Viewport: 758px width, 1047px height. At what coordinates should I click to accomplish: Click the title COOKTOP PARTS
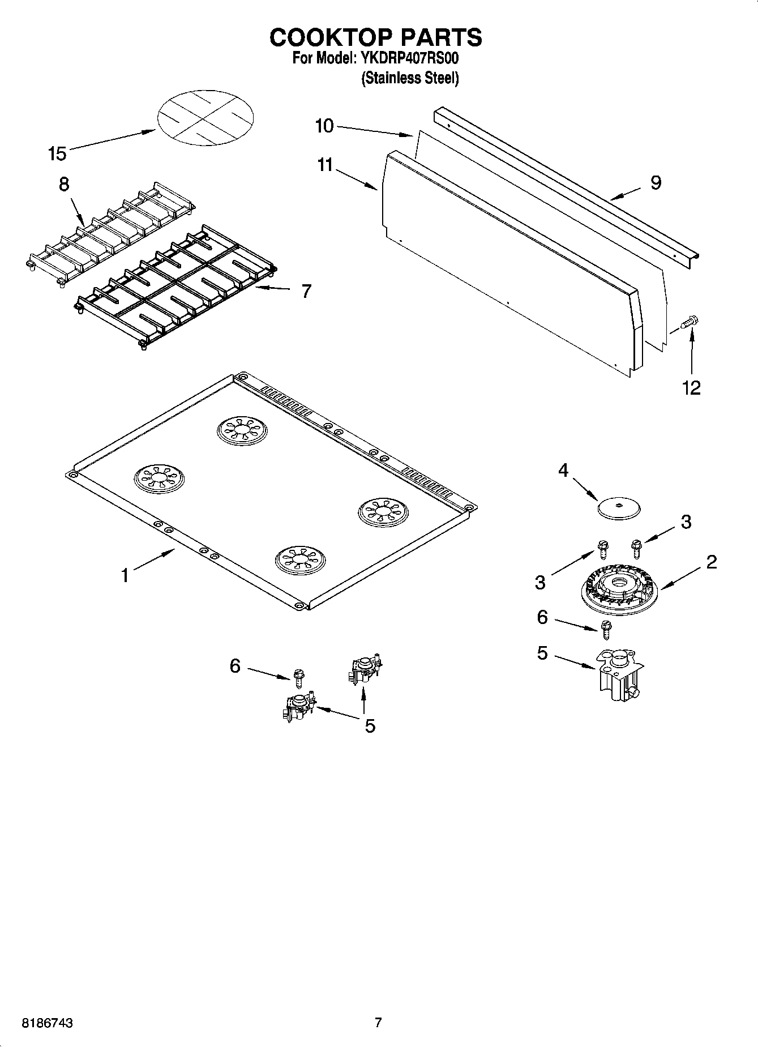coord(376,37)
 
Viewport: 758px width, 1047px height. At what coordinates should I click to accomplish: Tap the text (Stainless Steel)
coord(410,78)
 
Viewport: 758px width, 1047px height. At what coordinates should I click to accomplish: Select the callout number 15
coord(57,153)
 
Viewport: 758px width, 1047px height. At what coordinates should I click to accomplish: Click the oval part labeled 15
coord(205,117)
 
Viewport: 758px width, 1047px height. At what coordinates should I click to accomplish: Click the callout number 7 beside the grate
coord(306,291)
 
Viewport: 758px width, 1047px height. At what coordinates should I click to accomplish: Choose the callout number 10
coord(324,126)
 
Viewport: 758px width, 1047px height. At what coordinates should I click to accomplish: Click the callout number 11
coord(325,165)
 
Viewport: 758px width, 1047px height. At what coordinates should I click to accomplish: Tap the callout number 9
coord(656,182)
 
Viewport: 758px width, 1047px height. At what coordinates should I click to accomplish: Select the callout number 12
coord(692,387)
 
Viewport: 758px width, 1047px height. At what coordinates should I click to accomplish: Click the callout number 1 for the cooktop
coord(125,575)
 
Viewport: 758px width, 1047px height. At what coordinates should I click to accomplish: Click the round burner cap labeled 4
coord(618,507)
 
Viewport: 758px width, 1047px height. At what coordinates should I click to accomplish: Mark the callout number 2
coord(712,562)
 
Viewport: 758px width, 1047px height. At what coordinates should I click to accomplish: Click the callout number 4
coord(563,470)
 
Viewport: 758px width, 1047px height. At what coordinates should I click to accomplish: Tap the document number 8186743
coord(47,1023)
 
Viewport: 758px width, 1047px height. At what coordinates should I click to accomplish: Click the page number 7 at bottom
coord(378,1022)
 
